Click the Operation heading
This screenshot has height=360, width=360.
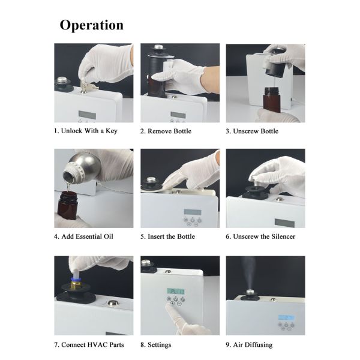pos(92,25)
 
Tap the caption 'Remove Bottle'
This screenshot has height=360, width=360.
pos(169,131)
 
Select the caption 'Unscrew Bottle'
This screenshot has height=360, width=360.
pos(256,131)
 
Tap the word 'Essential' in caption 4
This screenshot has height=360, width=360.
pos(89,236)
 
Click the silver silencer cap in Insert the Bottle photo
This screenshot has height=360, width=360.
pos(151,180)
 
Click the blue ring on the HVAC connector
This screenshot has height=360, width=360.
pos(76,280)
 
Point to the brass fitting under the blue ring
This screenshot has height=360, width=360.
pos(76,284)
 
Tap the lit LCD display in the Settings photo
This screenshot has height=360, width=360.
pos(176,292)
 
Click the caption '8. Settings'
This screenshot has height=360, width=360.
pos(155,345)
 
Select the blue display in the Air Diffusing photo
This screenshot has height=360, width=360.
pos(286,318)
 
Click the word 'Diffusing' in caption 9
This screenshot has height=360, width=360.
pos(259,345)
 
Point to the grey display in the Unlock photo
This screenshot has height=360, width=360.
pos(87,115)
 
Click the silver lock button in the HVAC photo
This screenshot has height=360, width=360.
pos(113,303)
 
